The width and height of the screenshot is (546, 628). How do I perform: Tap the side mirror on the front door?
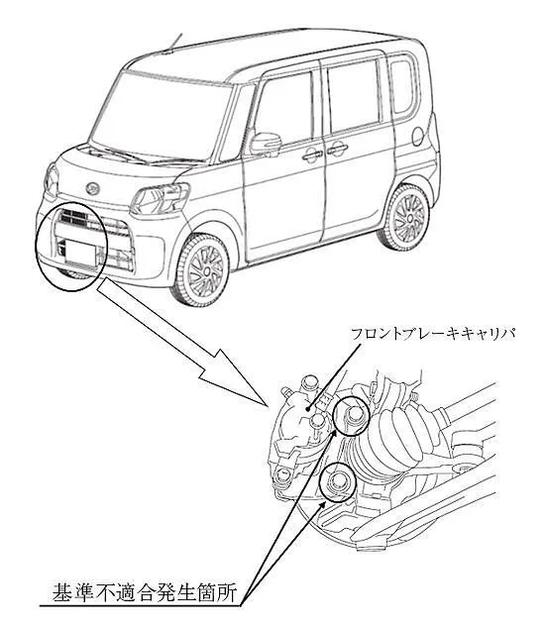point(266,144)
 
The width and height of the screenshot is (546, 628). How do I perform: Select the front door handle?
point(312,155)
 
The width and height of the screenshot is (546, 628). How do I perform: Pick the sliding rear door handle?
point(337,150)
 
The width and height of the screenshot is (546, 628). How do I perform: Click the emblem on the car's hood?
point(92,187)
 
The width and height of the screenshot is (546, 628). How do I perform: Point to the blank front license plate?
point(80,252)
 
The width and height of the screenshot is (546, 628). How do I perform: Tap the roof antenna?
point(174,43)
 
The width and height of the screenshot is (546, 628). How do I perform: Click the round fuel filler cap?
point(417,136)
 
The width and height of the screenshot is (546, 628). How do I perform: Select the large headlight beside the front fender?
point(162,198)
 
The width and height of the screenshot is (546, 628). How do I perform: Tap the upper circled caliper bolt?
point(352,416)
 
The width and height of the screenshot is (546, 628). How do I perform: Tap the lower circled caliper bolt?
point(337,481)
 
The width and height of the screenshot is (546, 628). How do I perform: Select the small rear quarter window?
point(403,86)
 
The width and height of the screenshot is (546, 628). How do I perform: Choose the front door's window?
point(283,110)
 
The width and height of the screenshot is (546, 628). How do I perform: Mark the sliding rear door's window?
point(354,96)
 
